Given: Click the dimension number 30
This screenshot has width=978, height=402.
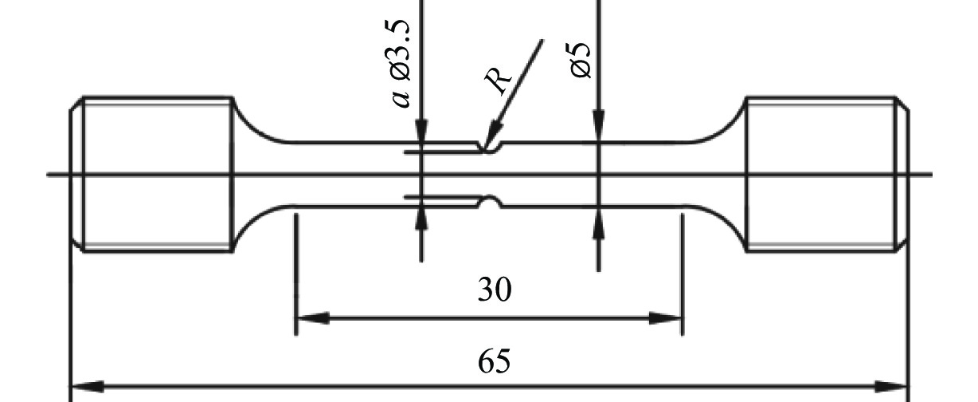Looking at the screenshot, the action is coord(495,290).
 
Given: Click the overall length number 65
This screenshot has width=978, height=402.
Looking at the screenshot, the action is coord(495,361).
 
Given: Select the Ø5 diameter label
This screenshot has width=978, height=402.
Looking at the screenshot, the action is coord(581,61).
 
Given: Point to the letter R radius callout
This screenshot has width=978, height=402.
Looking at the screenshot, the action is coord(498,80).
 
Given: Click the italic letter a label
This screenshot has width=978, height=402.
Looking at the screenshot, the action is coord(401,99).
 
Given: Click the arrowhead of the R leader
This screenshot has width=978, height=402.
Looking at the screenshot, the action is coord(492,137).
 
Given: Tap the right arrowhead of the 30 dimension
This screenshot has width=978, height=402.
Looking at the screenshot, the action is coord(665,318).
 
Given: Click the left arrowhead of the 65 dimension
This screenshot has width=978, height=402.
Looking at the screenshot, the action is coord(88,387).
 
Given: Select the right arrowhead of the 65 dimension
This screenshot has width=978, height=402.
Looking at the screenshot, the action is coord(891,387).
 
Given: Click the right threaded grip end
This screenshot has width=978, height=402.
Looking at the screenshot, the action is coord(827,175).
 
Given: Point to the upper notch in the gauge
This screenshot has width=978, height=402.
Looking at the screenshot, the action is coord(491,148).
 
